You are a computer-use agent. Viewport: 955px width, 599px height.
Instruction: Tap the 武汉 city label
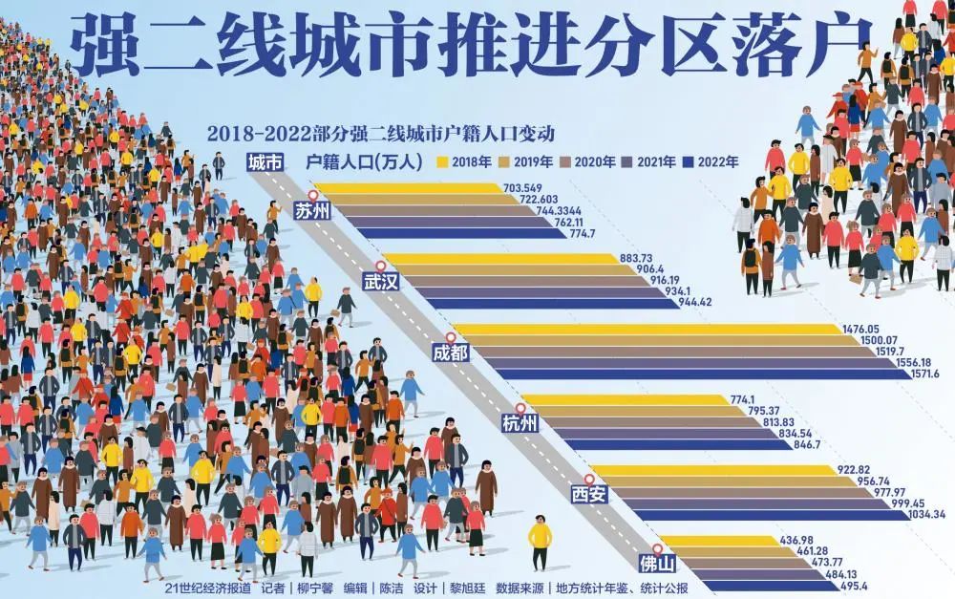click(381, 282)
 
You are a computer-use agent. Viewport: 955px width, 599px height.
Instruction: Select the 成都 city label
click(451, 353)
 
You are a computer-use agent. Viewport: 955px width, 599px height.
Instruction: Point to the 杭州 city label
click(520, 423)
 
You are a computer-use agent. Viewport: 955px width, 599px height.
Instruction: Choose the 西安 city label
click(589, 494)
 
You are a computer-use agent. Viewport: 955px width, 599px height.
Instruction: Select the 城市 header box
click(265, 162)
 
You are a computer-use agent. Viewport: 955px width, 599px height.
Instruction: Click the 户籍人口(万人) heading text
click(363, 162)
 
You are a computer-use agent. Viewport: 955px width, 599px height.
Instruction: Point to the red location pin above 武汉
click(380, 267)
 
